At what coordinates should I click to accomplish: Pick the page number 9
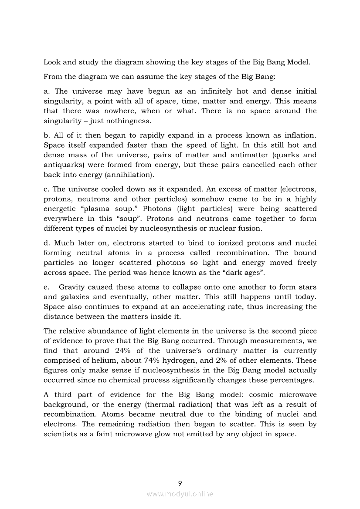point(180,483)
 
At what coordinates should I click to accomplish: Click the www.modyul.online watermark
point(180,494)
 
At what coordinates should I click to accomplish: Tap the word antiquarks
point(62,165)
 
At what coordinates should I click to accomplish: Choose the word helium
point(123,361)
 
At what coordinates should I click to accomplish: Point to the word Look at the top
point(52,62)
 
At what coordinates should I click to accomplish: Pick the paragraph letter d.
point(46,243)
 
